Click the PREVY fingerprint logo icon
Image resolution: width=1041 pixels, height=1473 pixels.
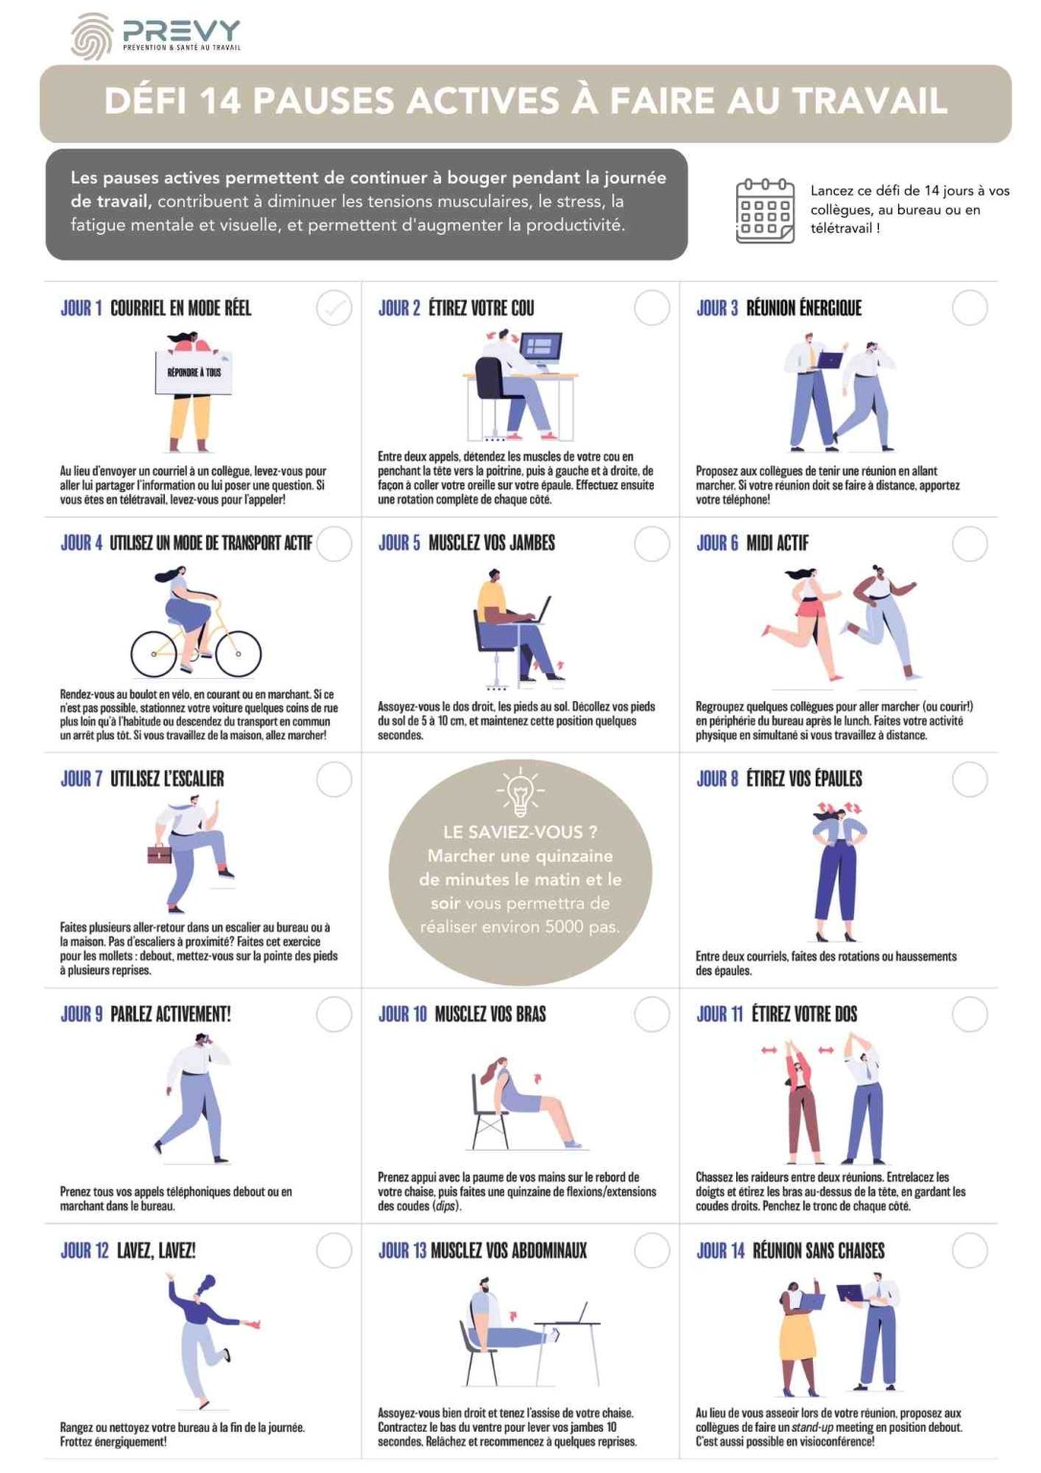click(91, 36)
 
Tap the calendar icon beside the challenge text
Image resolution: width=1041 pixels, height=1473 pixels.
click(764, 210)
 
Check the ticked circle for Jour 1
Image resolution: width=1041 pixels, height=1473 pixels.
click(334, 308)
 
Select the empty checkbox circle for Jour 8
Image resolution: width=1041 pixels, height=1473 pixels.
click(969, 780)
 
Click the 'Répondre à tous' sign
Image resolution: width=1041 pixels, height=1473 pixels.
click(194, 372)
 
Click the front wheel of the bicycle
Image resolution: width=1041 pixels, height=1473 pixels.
click(239, 653)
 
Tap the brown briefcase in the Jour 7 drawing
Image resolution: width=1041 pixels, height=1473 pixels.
click(159, 853)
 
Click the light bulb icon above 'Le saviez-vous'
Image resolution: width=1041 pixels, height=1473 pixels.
click(520, 791)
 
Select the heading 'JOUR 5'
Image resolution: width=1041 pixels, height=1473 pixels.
click(399, 543)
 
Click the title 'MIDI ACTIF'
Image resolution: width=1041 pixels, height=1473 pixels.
click(777, 543)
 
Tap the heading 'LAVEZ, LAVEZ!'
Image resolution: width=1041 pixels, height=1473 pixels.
click(155, 1251)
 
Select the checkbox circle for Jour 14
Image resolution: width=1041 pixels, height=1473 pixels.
click(969, 1251)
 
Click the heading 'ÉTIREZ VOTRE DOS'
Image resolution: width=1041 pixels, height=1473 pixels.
click(804, 1015)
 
